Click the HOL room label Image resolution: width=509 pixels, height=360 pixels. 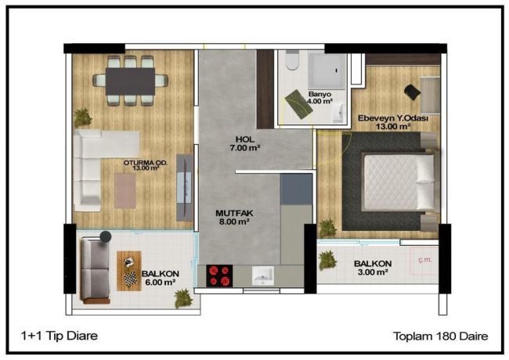click(x=245, y=139)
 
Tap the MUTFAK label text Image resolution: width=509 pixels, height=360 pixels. click(x=234, y=214)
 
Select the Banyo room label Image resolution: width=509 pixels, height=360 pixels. click(x=319, y=94)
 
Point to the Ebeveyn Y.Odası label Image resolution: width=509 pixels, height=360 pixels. click(x=393, y=118)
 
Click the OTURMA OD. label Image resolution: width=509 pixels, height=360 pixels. click(x=146, y=163)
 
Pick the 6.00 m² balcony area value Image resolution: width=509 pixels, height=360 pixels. click(x=161, y=283)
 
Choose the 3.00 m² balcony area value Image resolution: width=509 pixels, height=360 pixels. click(x=373, y=272)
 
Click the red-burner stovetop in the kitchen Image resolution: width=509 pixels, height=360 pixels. click(x=219, y=275)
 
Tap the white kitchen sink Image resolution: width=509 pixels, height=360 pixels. click(x=263, y=276)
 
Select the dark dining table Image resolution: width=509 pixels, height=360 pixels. click(x=130, y=81)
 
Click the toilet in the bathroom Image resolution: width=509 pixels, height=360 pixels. click(x=293, y=60)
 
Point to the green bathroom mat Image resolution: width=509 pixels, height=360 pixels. click(x=298, y=104)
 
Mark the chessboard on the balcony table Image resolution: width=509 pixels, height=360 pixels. click(x=131, y=279)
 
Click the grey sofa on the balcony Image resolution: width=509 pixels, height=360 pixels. click(x=95, y=270)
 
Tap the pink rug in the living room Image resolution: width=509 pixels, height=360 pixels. click(x=125, y=191)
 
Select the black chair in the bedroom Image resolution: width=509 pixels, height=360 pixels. click(x=412, y=92)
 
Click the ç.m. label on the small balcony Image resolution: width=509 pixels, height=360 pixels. click(x=425, y=260)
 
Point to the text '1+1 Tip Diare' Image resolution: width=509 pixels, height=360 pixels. click(x=60, y=336)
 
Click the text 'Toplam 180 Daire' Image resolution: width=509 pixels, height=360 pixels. click(x=441, y=336)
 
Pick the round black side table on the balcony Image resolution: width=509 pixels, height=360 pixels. click(x=106, y=236)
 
